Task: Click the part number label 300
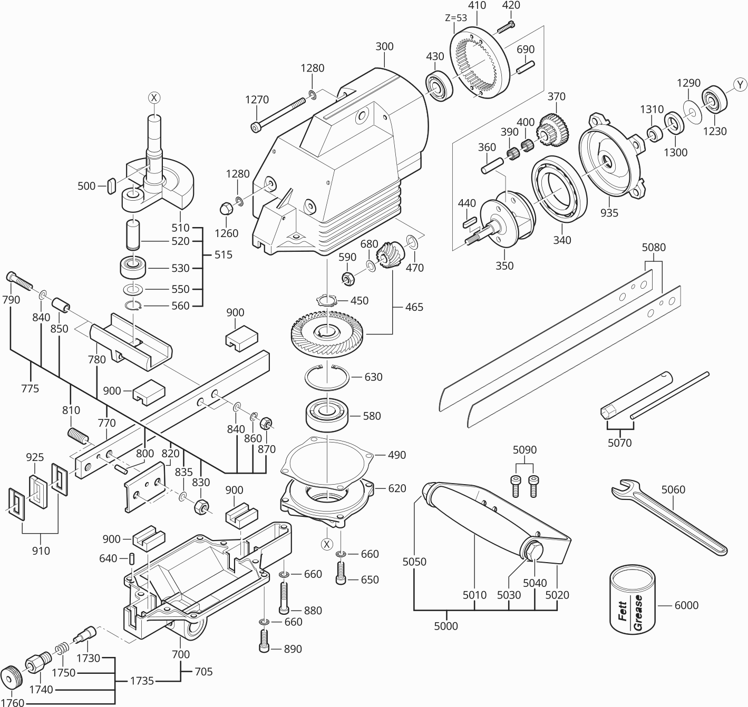coord(384,46)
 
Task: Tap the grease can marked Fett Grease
coord(633,600)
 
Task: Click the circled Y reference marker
coord(740,84)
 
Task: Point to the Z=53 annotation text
coord(456,17)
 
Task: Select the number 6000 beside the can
coord(686,605)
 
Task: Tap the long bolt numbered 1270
coord(279,113)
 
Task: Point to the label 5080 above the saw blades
coord(653,247)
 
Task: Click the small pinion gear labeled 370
coord(550,128)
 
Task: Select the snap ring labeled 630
coord(326,377)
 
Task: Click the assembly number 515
coord(223,254)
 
